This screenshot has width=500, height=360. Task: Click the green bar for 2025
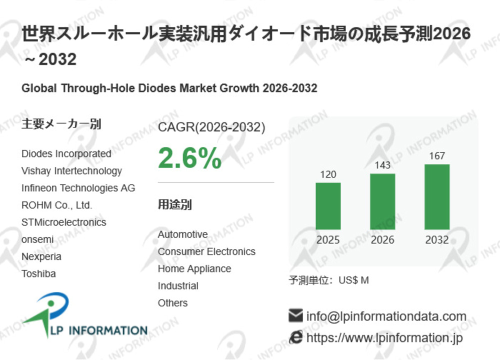click(328, 206)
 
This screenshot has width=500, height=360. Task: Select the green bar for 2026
click(382, 201)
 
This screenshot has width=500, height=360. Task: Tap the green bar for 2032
click(437, 197)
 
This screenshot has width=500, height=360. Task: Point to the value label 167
click(437, 156)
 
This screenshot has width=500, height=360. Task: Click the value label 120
click(328, 174)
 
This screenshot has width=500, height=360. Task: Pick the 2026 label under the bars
click(382, 240)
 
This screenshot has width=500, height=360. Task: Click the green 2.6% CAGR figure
click(189, 158)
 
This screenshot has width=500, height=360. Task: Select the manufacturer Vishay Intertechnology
click(71, 171)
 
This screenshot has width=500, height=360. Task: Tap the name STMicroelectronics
click(64, 222)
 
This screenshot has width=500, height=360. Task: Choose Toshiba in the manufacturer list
click(38, 274)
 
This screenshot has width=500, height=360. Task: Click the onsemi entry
click(37, 239)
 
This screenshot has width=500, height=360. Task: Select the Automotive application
click(182, 234)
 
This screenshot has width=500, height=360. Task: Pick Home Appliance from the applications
click(194, 269)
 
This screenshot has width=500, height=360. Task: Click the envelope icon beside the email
click(296, 316)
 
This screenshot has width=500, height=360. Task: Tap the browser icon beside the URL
click(296, 338)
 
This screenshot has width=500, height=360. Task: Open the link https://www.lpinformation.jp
click(384, 338)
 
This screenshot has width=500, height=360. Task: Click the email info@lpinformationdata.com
click(386, 316)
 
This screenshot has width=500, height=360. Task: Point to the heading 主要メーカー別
click(61, 124)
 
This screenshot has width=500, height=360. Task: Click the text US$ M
click(353, 280)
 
